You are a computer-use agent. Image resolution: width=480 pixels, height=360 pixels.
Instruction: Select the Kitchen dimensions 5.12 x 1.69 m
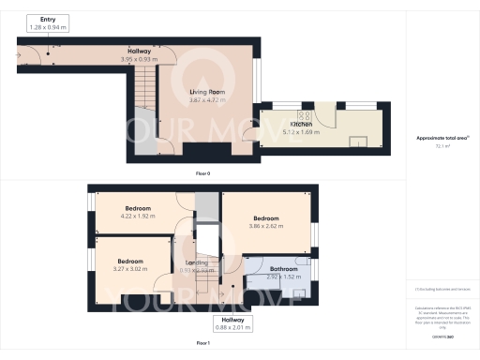[x=300, y=132]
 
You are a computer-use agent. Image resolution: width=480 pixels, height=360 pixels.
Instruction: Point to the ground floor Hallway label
[x=141, y=51]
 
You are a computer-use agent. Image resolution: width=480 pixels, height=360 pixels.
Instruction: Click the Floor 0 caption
[x=202, y=174]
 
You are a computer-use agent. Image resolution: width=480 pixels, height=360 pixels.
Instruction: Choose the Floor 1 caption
[x=202, y=343]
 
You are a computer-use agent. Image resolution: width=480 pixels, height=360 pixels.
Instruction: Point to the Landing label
[x=197, y=262]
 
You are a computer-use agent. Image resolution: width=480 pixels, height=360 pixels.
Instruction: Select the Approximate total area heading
[x=440, y=138]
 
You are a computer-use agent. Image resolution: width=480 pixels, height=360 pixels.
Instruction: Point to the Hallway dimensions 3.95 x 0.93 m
[x=141, y=59]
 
